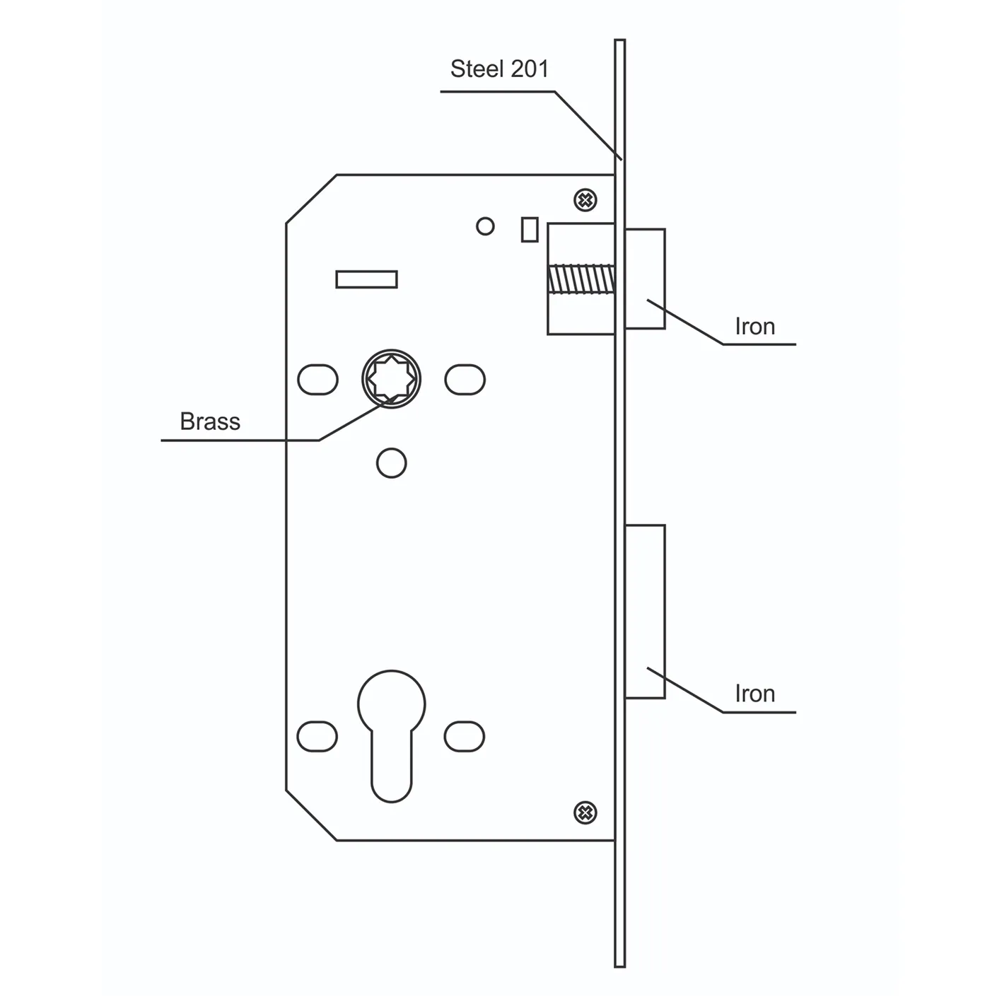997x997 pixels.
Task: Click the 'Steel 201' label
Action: tap(499, 69)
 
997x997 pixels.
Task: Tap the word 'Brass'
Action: tap(210, 421)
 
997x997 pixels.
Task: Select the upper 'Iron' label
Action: tap(754, 327)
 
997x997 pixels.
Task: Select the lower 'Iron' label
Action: tap(754, 694)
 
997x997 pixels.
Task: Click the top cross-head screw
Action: tap(585, 200)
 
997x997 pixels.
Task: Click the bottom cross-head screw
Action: tap(585, 813)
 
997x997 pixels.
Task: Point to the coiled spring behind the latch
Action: tap(581, 279)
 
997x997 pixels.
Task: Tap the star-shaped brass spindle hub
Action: tap(391, 379)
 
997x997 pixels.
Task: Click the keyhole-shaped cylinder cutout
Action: tap(391, 728)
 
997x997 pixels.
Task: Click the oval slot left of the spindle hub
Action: tap(317, 380)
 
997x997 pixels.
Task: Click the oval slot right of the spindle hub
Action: tap(465, 380)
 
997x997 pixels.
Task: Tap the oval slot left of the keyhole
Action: tap(317, 736)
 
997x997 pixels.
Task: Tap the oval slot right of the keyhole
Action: tap(465, 736)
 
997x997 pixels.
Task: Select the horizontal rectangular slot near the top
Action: tap(366, 279)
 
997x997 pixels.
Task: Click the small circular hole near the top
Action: tap(485, 226)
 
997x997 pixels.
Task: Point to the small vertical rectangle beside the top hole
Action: tap(529, 229)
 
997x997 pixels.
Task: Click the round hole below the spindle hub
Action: tap(391, 463)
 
